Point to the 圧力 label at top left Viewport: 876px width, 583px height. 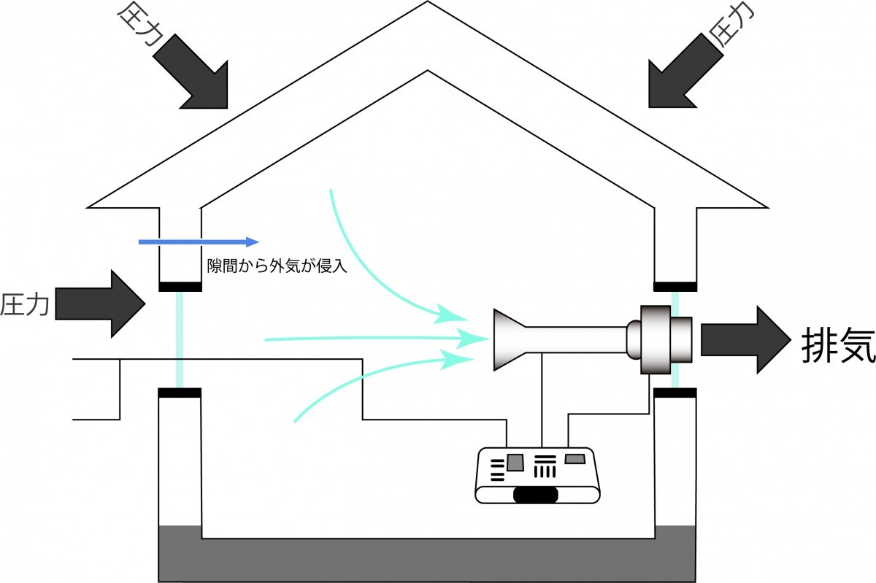(139, 26)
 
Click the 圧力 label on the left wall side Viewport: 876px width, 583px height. (25, 304)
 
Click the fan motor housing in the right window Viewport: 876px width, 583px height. (664, 339)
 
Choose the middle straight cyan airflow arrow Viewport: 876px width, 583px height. (365, 339)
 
